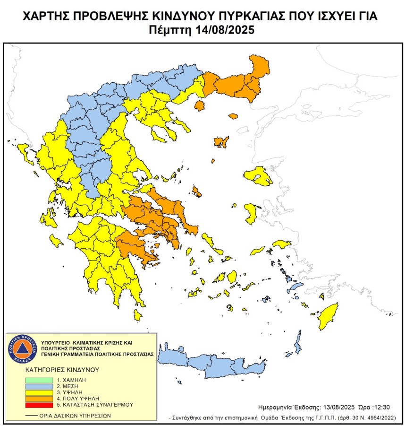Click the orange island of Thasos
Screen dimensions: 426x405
point(199,105)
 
